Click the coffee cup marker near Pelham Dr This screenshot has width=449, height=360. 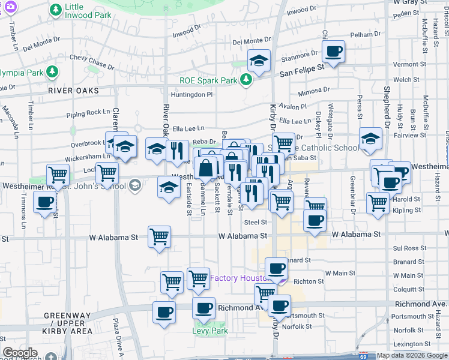coord(334,51)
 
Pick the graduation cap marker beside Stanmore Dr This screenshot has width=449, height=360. coord(259,61)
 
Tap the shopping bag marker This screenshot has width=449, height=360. coord(206,168)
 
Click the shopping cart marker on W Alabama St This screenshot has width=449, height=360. coord(159,237)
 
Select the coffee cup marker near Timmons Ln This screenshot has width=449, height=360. coord(45,203)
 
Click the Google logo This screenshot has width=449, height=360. coord(20,353)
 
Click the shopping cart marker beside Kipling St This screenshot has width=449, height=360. coord(378,203)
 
